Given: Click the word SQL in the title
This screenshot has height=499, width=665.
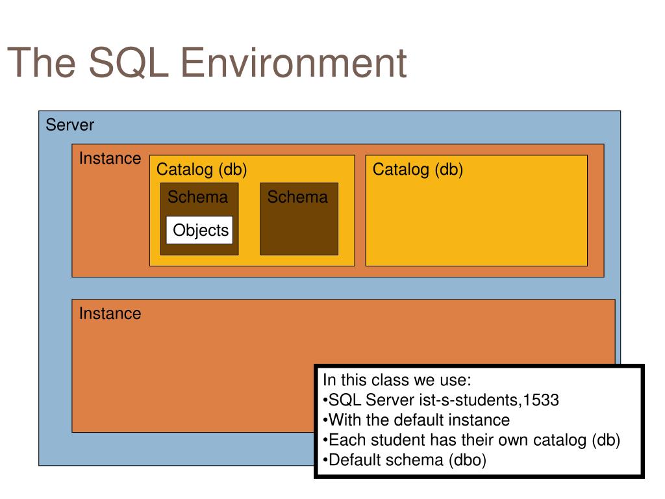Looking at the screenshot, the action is [129, 63].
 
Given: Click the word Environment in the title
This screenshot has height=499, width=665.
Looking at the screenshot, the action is [294, 63].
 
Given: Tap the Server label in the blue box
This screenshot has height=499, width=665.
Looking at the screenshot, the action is [70, 125].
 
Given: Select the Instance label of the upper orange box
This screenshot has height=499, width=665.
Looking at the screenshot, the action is [110, 159].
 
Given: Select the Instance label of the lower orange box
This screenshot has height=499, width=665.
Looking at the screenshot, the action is [110, 314].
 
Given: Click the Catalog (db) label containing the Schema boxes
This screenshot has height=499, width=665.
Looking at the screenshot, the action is [201, 170].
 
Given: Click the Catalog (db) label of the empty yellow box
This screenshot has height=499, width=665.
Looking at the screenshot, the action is [418, 170].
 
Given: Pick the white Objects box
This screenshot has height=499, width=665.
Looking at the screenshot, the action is [199, 230].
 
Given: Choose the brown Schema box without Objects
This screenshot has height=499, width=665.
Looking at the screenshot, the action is [299, 219].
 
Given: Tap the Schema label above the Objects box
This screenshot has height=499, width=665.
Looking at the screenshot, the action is [197, 197].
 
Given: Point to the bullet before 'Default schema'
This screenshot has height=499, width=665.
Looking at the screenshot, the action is [325, 461].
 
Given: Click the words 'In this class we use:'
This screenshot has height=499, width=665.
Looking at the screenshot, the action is [397, 379].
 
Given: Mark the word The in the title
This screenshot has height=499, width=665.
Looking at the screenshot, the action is [42, 63].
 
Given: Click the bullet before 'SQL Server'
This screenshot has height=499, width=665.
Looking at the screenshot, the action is [325, 400].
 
